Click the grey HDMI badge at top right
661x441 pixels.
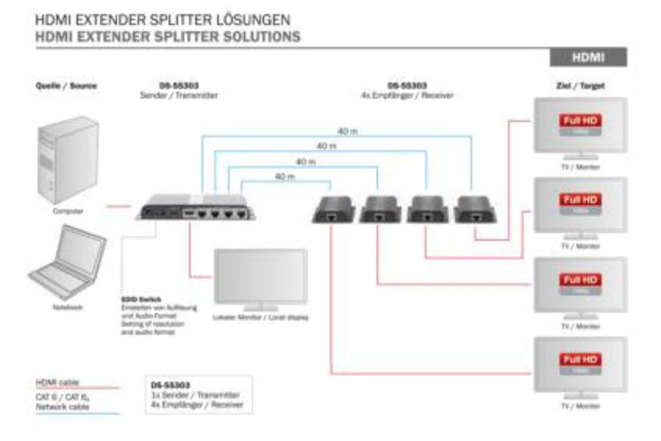coord(588,58)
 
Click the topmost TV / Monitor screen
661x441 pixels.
coord(580,126)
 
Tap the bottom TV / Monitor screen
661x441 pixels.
coord(580,366)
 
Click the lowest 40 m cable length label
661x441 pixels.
coord(284,177)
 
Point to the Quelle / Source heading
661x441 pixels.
coord(66,86)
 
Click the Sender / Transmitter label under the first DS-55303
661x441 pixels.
coord(178,96)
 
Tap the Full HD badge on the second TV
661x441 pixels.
coord(580,200)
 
